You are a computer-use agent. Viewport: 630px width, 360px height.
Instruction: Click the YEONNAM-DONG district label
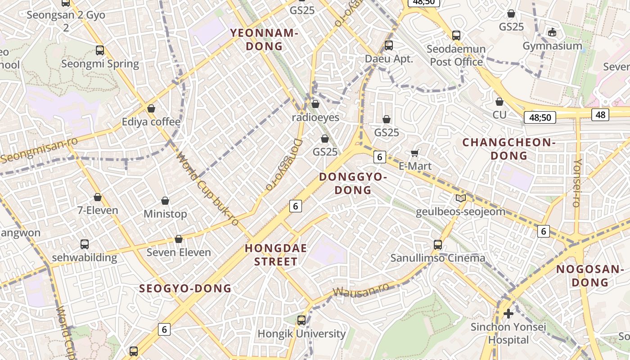click(264, 39)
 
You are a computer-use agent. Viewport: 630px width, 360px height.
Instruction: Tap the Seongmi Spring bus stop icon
click(100, 50)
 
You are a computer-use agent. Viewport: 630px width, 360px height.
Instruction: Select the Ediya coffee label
click(151, 122)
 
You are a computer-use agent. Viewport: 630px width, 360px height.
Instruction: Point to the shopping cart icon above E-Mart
click(415, 153)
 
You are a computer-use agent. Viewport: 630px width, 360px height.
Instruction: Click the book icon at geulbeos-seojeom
click(460, 198)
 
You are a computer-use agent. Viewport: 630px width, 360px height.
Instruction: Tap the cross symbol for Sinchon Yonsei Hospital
click(508, 314)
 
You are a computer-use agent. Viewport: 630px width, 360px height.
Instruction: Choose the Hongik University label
click(301, 334)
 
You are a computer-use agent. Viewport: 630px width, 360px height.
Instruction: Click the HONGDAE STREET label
click(276, 255)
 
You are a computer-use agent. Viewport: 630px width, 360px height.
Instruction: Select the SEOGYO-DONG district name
click(185, 288)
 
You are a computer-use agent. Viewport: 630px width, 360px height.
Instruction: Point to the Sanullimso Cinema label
click(437, 258)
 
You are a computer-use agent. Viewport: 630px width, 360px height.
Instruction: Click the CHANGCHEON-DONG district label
click(509, 149)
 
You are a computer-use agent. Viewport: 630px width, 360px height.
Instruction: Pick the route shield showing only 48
click(600, 115)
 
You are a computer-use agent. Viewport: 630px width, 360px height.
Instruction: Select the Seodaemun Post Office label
click(456, 55)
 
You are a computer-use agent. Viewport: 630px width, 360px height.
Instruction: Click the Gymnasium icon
click(552, 32)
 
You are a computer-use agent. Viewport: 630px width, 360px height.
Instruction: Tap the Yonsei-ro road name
click(577, 183)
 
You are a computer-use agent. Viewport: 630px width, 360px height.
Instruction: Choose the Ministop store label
click(165, 214)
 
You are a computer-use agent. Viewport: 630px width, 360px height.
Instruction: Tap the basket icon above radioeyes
click(315, 104)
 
